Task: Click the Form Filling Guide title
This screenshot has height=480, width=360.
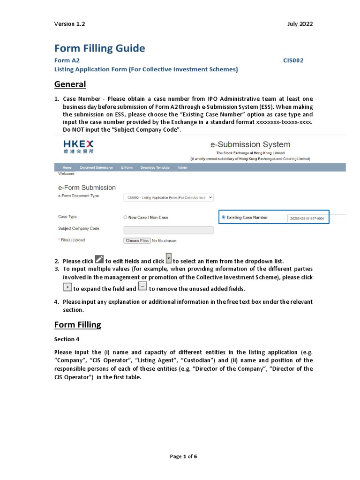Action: [99, 48]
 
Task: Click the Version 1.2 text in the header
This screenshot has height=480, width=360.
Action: [70, 24]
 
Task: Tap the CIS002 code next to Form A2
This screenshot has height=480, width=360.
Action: [293, 60]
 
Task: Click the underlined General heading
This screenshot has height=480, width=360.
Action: [70, 84]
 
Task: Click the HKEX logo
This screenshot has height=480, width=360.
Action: [78, 146]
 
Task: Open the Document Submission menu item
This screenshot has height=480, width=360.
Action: [96, 167]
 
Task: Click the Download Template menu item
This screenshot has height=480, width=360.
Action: [155, 167]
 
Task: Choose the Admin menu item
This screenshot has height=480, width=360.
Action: [182, 167]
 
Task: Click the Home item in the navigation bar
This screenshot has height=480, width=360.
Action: [67, 167]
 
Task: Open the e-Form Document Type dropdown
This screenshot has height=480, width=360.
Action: [168, 198]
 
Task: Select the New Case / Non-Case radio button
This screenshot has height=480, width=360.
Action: [125, 217]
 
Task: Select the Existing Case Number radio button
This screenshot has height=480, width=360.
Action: [223, 217]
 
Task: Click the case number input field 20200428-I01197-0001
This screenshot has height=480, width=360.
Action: [307, 218]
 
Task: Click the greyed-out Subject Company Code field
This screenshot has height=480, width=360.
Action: [168, 230]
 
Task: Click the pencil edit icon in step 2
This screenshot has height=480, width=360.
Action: [99, 260]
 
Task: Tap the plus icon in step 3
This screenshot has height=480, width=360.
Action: [67, 287]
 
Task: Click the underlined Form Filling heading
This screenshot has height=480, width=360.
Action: [77, 325]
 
